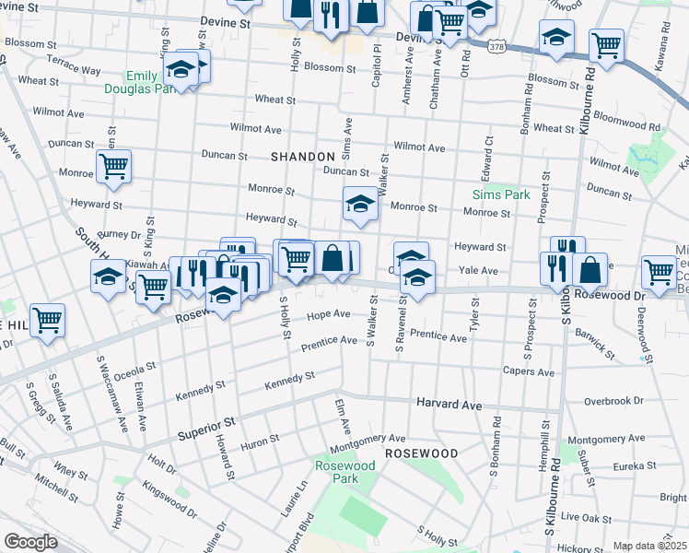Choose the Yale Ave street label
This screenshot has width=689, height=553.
[478, 271]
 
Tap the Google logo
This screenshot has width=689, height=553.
[30, 542]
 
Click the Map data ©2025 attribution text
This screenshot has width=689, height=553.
[649, 547]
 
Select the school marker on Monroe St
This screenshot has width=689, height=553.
[361, 206]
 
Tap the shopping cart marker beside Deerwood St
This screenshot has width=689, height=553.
[659, 273]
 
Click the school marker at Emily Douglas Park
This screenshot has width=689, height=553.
[181, 70]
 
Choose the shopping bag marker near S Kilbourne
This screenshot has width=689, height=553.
[590, 269]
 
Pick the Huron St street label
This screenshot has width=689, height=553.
[261, 441]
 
